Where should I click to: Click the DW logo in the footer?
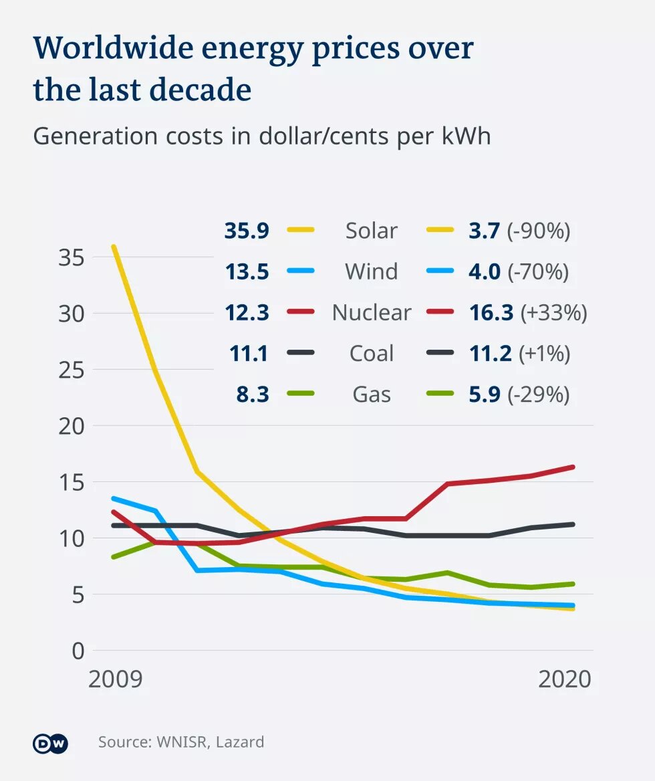point(51,742)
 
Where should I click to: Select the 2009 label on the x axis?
point(116,679)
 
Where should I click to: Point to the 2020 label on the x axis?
point(565,679)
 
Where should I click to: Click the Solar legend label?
point(371,231)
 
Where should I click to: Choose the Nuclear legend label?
point(371,312)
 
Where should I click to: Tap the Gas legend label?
point(371,395)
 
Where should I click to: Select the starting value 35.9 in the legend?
point(247,231)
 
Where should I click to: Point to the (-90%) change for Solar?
point(539,231)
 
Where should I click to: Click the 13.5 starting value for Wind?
point(247,272)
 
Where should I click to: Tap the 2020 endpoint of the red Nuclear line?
point(573,467)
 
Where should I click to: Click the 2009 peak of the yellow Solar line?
point(114,247)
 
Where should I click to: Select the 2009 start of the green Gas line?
point(114,557)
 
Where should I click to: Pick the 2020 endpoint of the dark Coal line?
point(573,524)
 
